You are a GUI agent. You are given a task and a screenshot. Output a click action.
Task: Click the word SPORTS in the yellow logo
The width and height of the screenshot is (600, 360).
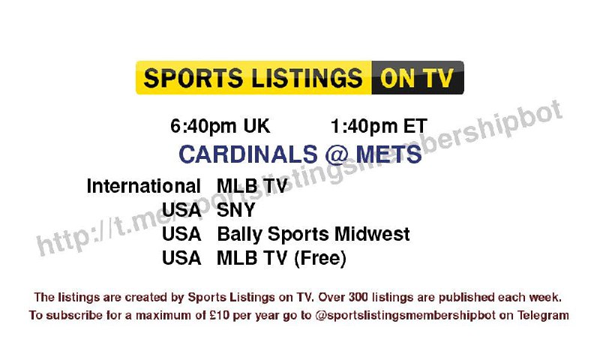193,78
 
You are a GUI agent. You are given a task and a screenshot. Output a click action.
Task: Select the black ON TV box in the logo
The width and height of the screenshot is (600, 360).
418,77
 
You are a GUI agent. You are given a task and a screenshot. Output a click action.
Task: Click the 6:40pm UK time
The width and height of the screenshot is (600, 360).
220,127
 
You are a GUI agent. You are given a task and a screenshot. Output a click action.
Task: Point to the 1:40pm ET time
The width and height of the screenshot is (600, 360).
379,127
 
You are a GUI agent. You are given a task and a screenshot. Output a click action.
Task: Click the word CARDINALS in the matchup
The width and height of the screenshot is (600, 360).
248,154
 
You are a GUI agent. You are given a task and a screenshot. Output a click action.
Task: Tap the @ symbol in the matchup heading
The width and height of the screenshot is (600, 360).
336,154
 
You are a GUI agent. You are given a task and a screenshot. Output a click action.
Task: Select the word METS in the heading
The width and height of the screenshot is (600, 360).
388,154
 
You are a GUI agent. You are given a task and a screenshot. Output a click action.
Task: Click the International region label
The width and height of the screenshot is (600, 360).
143,186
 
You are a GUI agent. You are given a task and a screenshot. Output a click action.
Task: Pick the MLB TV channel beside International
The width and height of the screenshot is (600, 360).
252,186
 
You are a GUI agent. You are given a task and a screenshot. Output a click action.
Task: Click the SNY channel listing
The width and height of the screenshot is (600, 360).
235,210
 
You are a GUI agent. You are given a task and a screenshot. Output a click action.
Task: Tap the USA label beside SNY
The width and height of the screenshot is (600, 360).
181,210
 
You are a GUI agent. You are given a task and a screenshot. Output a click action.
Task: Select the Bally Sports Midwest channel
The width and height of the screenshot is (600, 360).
313,234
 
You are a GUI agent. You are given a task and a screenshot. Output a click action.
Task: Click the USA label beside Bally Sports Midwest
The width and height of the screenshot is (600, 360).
181,234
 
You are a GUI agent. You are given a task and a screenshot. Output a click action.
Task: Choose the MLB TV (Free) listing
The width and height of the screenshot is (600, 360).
281,258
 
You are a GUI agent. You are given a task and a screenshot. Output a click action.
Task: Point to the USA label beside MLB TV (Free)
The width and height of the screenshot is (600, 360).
181,258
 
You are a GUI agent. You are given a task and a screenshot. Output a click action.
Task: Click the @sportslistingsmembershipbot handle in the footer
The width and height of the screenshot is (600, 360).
406,316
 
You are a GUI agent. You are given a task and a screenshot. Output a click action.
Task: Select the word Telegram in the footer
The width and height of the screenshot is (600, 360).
543,316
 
